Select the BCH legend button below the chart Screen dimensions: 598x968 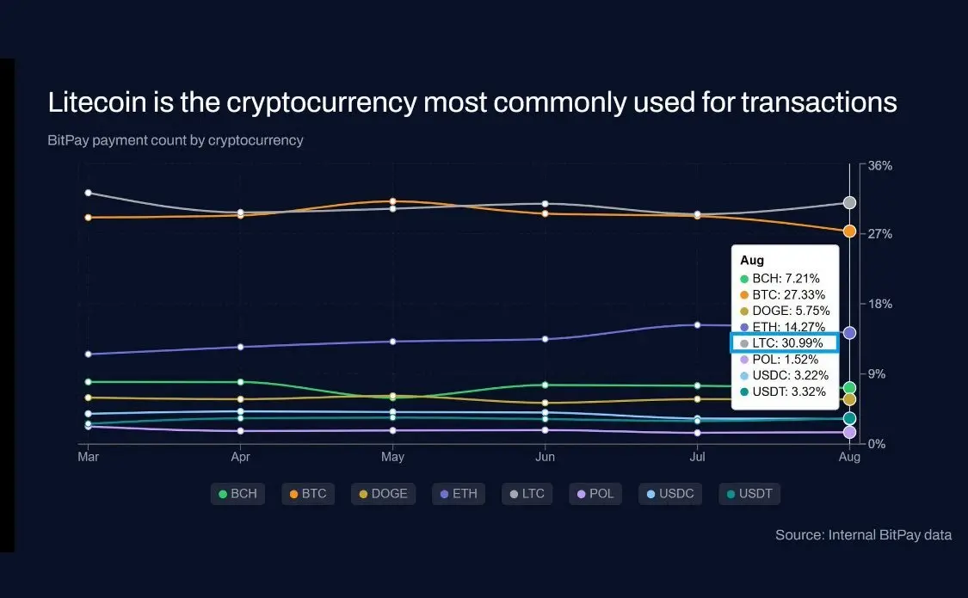click(x=237, y=494)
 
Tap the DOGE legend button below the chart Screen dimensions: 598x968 click(x=383, y=494)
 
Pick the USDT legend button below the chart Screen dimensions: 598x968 click(x=749, y=494)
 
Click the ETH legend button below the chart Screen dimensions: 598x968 click(x=459, y=494)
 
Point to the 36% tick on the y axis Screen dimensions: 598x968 click(x=879, y=165)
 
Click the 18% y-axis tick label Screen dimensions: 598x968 click(x=879, y=305)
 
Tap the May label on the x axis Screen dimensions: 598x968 click(x=392, y=457)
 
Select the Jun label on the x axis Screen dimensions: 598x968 click(x=545, y=457)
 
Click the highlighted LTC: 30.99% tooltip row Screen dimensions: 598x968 click(x=784, y=342)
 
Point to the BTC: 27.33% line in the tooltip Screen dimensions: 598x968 click(x=782, y=294)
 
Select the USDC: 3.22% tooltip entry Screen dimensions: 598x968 click(x=784, y=375)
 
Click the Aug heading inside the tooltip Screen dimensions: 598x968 click(x=752, y=260)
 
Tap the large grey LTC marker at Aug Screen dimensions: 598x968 click(x=849, y=202)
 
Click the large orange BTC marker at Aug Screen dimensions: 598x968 click(x=849, y=231)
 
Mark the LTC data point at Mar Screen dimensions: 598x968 click(x=88, y=193)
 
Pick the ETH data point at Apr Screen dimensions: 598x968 click(x=241, y=347)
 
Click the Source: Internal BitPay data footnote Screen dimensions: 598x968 click(x=863, y=535)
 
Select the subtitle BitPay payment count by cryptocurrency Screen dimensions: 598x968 click(x=176, y=140)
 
